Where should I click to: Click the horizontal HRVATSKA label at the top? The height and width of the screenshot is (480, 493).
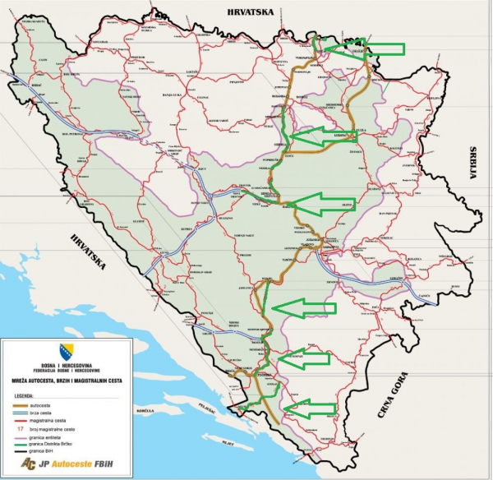pyautogui.click(x=245, y=10)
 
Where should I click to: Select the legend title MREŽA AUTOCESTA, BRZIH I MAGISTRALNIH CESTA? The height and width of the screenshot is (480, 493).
pyautogui.click(x=66, y=381)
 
